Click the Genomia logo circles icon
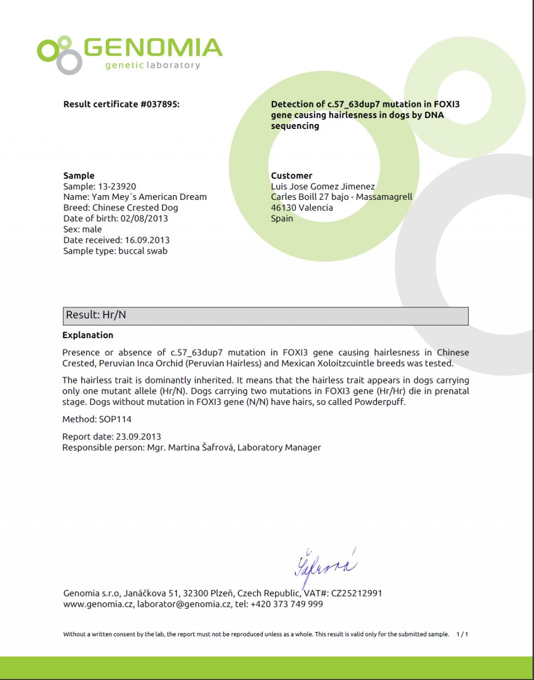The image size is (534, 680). point(59,54)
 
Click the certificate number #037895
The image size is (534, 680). point(160,104)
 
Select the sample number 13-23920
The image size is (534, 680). point(117,186)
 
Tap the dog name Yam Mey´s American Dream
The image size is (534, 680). point(149,197)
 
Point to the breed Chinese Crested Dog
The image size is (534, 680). point(135,208)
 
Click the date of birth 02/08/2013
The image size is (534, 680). point(144,219)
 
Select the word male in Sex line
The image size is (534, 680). point(92,230)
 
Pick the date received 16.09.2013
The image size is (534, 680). point(147,241)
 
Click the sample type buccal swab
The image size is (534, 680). point(143,251)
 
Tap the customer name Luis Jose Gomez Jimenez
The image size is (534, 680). point(323,186)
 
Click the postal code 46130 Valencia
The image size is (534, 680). point(301,208)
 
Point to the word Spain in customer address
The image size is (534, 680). point(282,219)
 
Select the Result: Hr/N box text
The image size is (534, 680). point(96,315)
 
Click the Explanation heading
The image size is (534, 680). point(88,335)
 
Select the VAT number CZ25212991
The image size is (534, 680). point(357,593)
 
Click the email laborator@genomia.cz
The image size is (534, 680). point(184,604)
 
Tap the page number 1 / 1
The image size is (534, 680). point(462,635)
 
